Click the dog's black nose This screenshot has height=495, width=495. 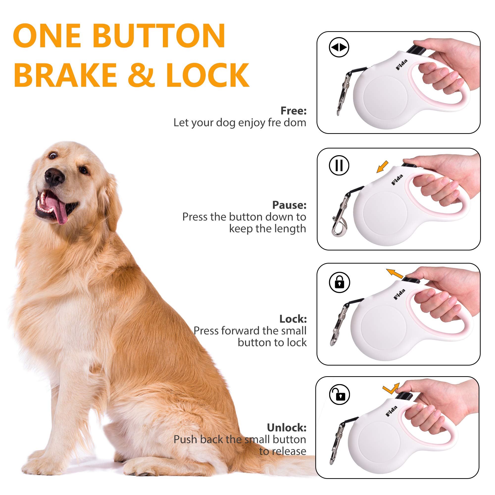54,176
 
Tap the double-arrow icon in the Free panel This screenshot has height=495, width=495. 339,48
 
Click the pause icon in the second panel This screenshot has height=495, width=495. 339,165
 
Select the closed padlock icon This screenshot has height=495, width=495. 339,283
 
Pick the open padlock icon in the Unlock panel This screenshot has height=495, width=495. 339,395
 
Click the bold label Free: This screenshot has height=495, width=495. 293,111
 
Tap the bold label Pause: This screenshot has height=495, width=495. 289,205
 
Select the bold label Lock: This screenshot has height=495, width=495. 293,319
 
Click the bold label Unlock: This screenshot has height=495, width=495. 286,428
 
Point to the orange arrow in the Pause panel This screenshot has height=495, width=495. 383,167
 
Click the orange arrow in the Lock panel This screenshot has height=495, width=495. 394,274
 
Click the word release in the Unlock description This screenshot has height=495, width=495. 282,451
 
